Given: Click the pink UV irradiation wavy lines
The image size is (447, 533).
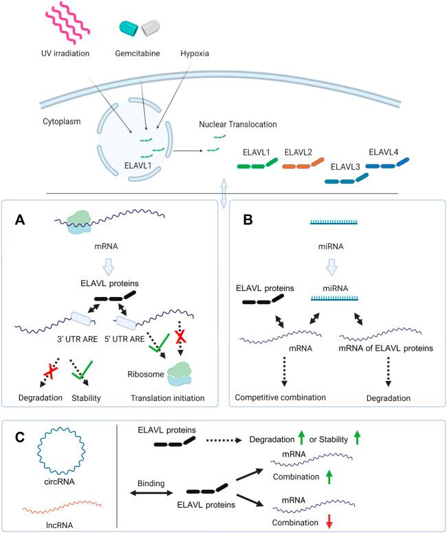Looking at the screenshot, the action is tap(67, 21).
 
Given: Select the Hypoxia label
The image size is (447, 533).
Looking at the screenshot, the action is tap(195, 54).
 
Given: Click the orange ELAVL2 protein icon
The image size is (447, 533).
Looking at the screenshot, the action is tap(303, 163).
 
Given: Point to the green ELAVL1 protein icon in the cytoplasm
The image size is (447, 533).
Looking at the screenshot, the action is tap(257, 164).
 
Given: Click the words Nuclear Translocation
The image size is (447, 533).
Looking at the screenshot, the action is tap(238, 124).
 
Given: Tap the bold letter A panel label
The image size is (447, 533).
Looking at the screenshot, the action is tap(20, 220).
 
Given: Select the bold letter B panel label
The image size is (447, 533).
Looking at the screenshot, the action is tap(248, 220).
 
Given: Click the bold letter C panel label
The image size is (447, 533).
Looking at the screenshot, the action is tap(20, 437).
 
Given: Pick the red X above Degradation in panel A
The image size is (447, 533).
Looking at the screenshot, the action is tap(51, 371).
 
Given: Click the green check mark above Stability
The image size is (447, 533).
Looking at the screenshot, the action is tap(83, 370).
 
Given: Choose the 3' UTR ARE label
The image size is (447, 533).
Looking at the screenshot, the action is tap(77, 339).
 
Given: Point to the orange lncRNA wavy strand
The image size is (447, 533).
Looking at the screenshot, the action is tap(62, 505).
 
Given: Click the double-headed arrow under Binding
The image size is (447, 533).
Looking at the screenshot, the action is tap(151, 492).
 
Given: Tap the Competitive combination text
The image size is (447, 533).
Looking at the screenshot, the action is tap(280, 398).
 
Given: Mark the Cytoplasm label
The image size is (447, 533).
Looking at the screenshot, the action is tap(62, 121).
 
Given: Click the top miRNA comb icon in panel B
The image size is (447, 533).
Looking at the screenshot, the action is tap(334, 222).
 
